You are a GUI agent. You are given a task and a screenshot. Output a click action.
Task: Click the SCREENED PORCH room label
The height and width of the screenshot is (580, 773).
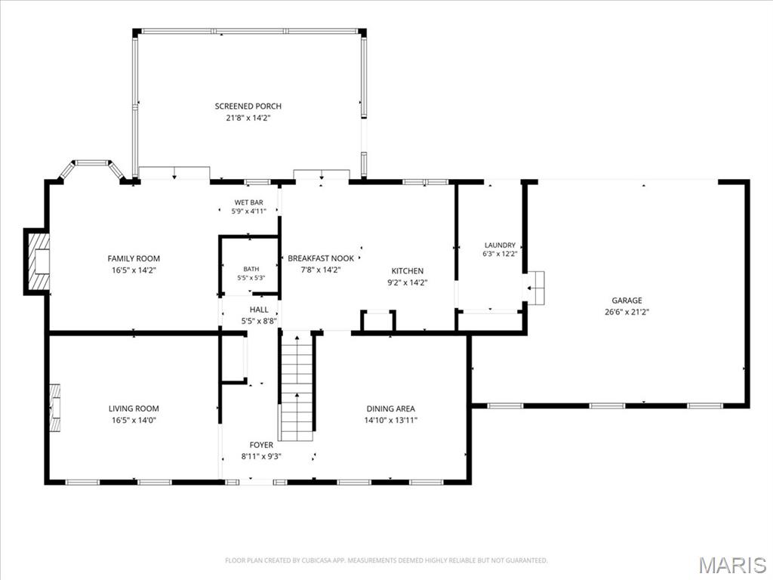click(x=248, y=106)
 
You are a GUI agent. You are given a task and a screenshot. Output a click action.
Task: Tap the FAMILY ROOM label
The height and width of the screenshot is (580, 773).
click(x=134, y=258)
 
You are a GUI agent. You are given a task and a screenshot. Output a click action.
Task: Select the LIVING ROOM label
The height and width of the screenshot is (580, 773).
click(x=134, y=409)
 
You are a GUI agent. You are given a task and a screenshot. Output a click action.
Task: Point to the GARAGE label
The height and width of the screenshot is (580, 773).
click(x=627, y=300)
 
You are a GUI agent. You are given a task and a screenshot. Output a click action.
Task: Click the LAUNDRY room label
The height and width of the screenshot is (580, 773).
click(x=500, y=245)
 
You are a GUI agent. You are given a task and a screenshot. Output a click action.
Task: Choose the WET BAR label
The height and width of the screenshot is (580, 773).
click(x=248, y=202)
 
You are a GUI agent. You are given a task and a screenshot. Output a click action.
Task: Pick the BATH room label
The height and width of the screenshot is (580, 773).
click(x=251, y=269)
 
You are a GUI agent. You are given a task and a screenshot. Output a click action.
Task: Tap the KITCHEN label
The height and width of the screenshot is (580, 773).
click(x=407, y=271)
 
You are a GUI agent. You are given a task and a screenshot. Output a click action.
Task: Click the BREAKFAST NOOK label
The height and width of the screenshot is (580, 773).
click(x=321, y=258)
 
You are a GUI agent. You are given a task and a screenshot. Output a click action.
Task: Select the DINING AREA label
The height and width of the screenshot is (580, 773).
click(x=390, y=409)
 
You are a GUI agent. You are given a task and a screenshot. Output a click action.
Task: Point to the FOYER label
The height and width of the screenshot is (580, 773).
click(x=261, y=445)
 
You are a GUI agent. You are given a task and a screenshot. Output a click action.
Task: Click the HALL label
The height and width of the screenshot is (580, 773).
click(x=259, y=310)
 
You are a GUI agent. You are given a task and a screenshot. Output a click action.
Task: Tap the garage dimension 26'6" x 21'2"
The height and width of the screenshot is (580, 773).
click(x=627, y=312)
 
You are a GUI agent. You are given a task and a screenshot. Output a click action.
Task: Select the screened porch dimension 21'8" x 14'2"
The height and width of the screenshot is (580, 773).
click(x=248, y=118)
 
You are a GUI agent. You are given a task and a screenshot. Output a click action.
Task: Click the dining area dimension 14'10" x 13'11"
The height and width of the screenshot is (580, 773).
click(x=390, y=420)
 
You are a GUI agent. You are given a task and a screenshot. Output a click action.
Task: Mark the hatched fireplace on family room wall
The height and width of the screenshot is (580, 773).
click(x=38, y=261)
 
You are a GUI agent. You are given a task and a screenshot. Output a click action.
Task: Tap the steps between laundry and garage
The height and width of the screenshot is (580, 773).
click(x=535, y=288)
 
